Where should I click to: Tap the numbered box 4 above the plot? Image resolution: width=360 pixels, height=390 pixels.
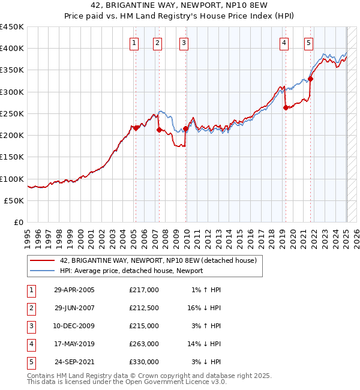[283, 43]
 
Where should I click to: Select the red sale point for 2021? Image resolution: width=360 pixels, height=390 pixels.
[311, 79]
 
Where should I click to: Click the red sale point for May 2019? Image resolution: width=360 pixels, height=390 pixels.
[286, 108]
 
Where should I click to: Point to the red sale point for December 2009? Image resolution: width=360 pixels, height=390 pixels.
[185, 128]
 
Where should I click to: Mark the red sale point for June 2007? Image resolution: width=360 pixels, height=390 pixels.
[159, 130]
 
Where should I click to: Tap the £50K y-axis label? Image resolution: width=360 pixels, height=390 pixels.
[14, 201]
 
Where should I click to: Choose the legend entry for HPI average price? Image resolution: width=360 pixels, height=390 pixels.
[131, 271]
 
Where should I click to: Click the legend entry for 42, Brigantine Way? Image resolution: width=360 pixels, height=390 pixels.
[158, 260]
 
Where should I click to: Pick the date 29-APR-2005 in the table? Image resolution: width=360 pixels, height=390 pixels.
[74, 290]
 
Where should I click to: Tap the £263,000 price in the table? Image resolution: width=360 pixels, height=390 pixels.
[144, 344]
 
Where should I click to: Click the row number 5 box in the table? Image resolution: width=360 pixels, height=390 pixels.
[30, 362]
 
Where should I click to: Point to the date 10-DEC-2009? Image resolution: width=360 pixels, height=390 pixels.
[74, 326]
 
